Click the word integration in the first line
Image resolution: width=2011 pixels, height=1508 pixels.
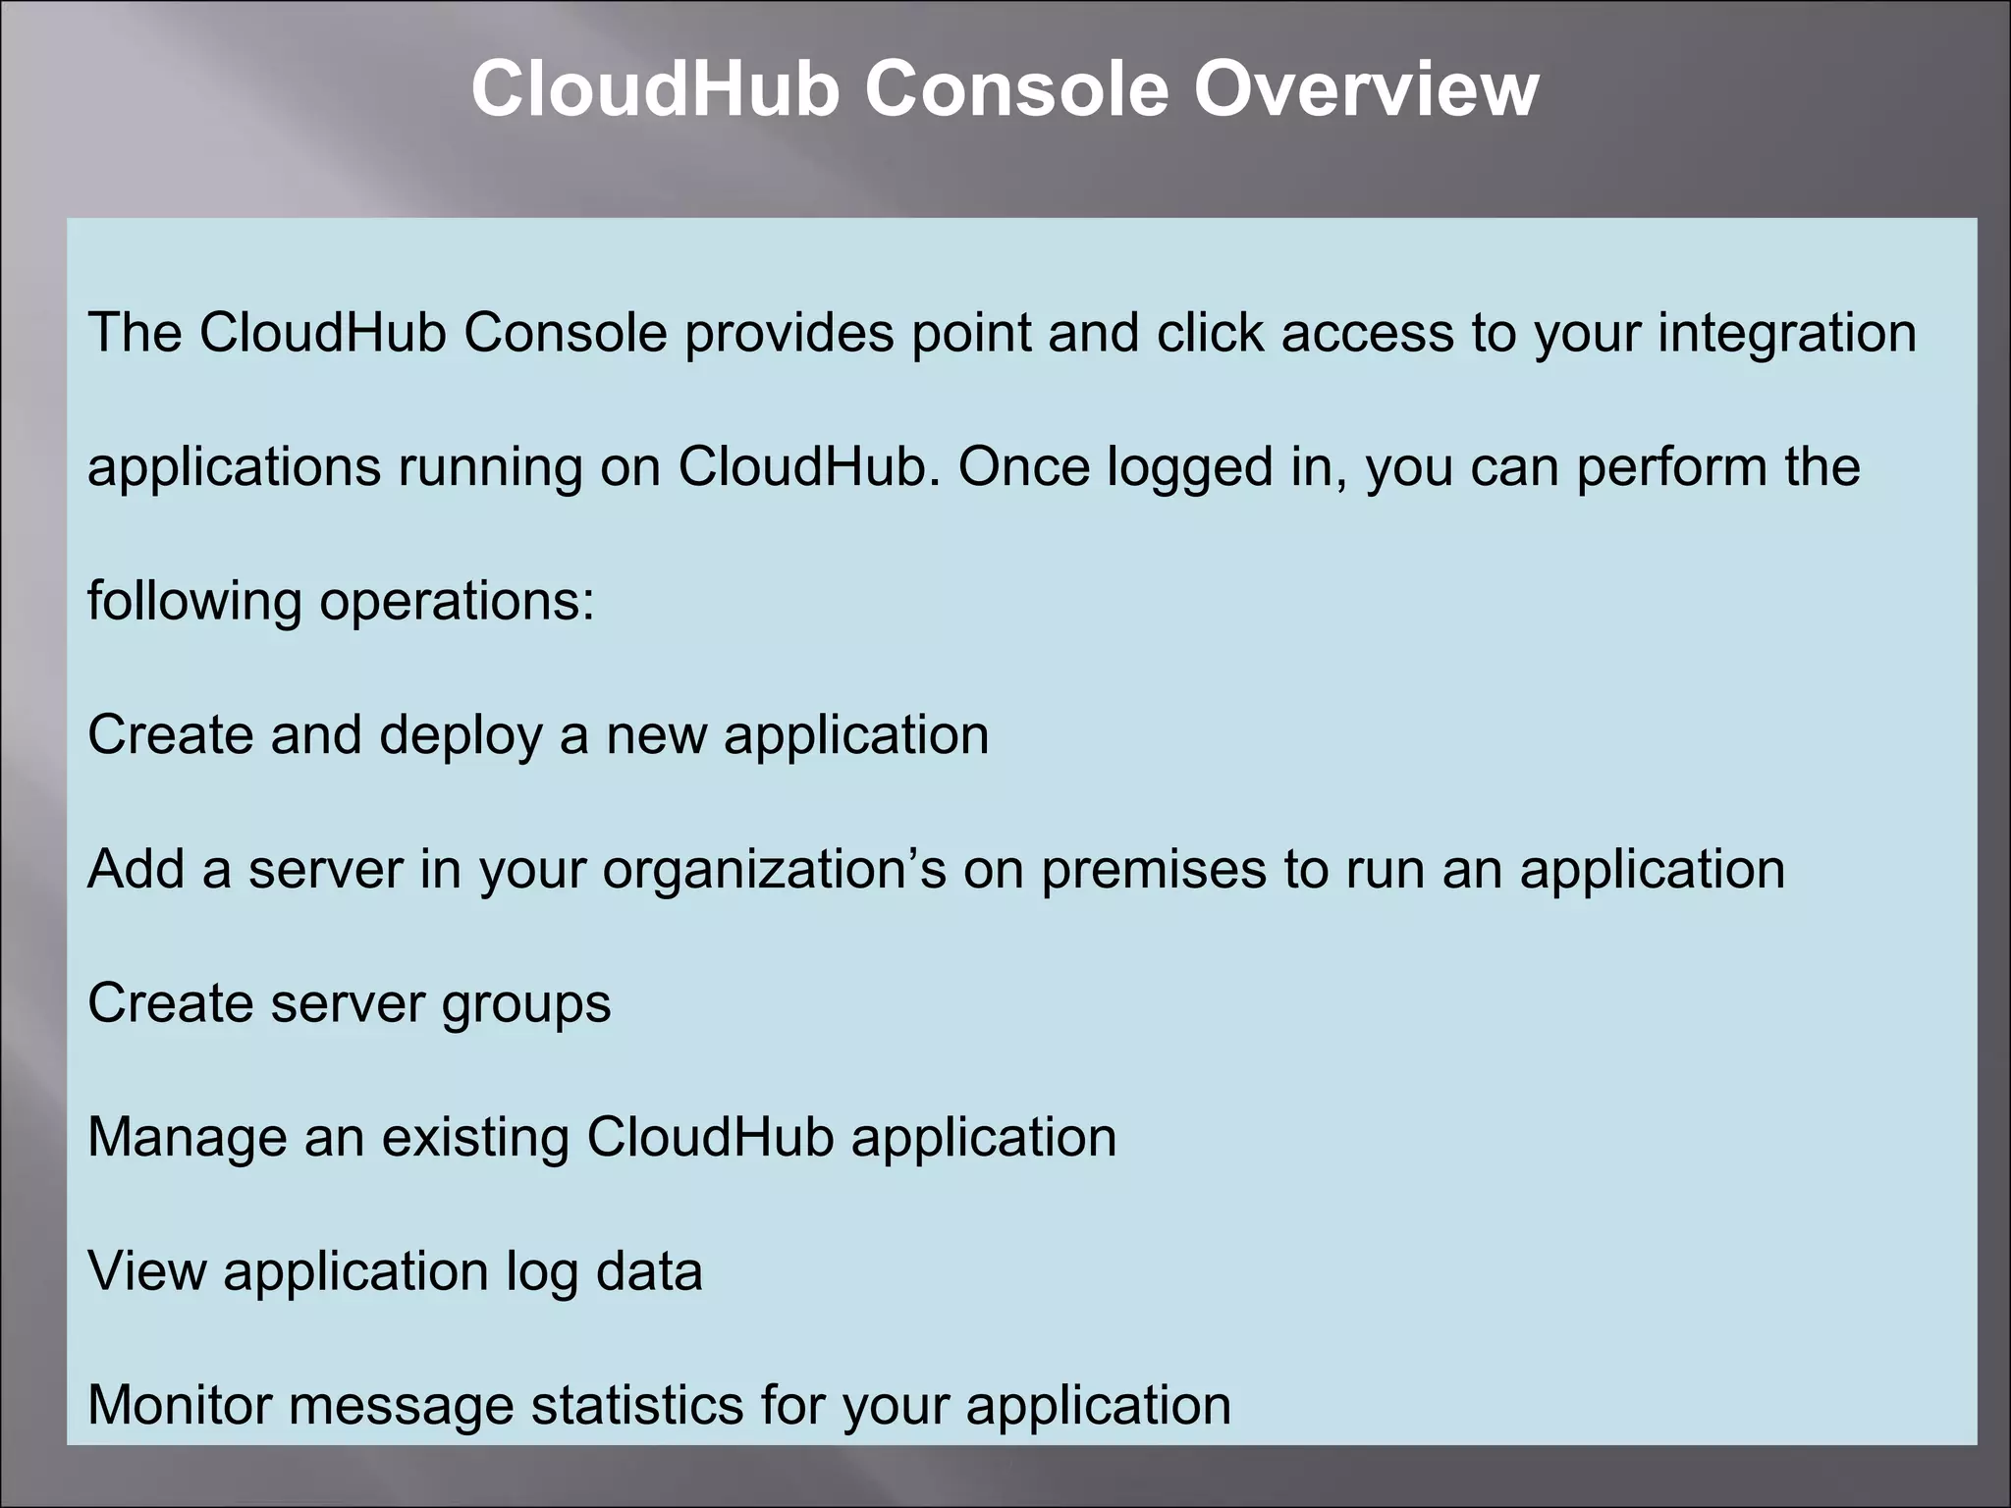coord(1787,334)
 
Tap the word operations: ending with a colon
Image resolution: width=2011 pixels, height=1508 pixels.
coord(457,602)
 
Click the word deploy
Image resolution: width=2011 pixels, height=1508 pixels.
coord(461,736)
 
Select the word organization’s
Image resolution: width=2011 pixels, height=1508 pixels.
coord(774,871)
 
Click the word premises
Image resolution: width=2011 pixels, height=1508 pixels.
coord(1154,871)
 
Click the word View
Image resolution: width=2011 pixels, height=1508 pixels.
coord(147,1272)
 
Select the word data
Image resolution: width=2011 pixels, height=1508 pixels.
coord(649,1272)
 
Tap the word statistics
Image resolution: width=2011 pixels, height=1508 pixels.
coord(637,1406)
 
